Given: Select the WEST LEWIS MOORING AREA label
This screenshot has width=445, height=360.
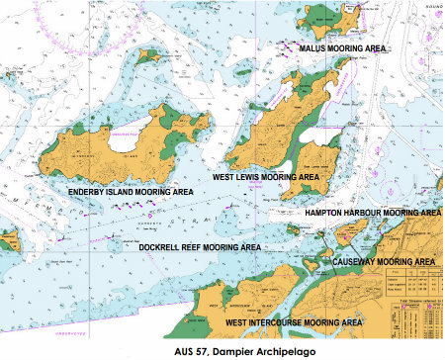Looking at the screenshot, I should click(266, 176).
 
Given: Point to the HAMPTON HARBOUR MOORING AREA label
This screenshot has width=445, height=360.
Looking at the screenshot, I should click(372, 212).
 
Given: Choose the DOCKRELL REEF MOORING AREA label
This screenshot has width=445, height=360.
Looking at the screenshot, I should click(199, 246).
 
